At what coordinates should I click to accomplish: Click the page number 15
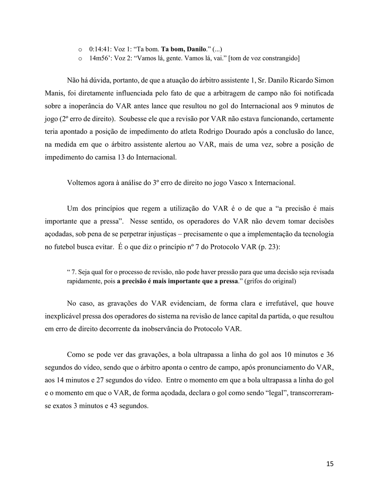[x=330, y=463]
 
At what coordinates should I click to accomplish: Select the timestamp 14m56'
[x=99, y=58]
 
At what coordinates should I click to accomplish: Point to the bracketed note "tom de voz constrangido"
[x=264, y=58]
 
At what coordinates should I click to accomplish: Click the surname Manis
[x=53, y=93]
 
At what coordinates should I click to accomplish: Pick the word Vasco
[x=220, y=183]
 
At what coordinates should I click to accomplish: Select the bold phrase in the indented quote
[x=177, y=281]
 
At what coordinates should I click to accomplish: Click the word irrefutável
[x=289, y=304]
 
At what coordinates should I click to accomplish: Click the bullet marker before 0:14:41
[x=80, y=49]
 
